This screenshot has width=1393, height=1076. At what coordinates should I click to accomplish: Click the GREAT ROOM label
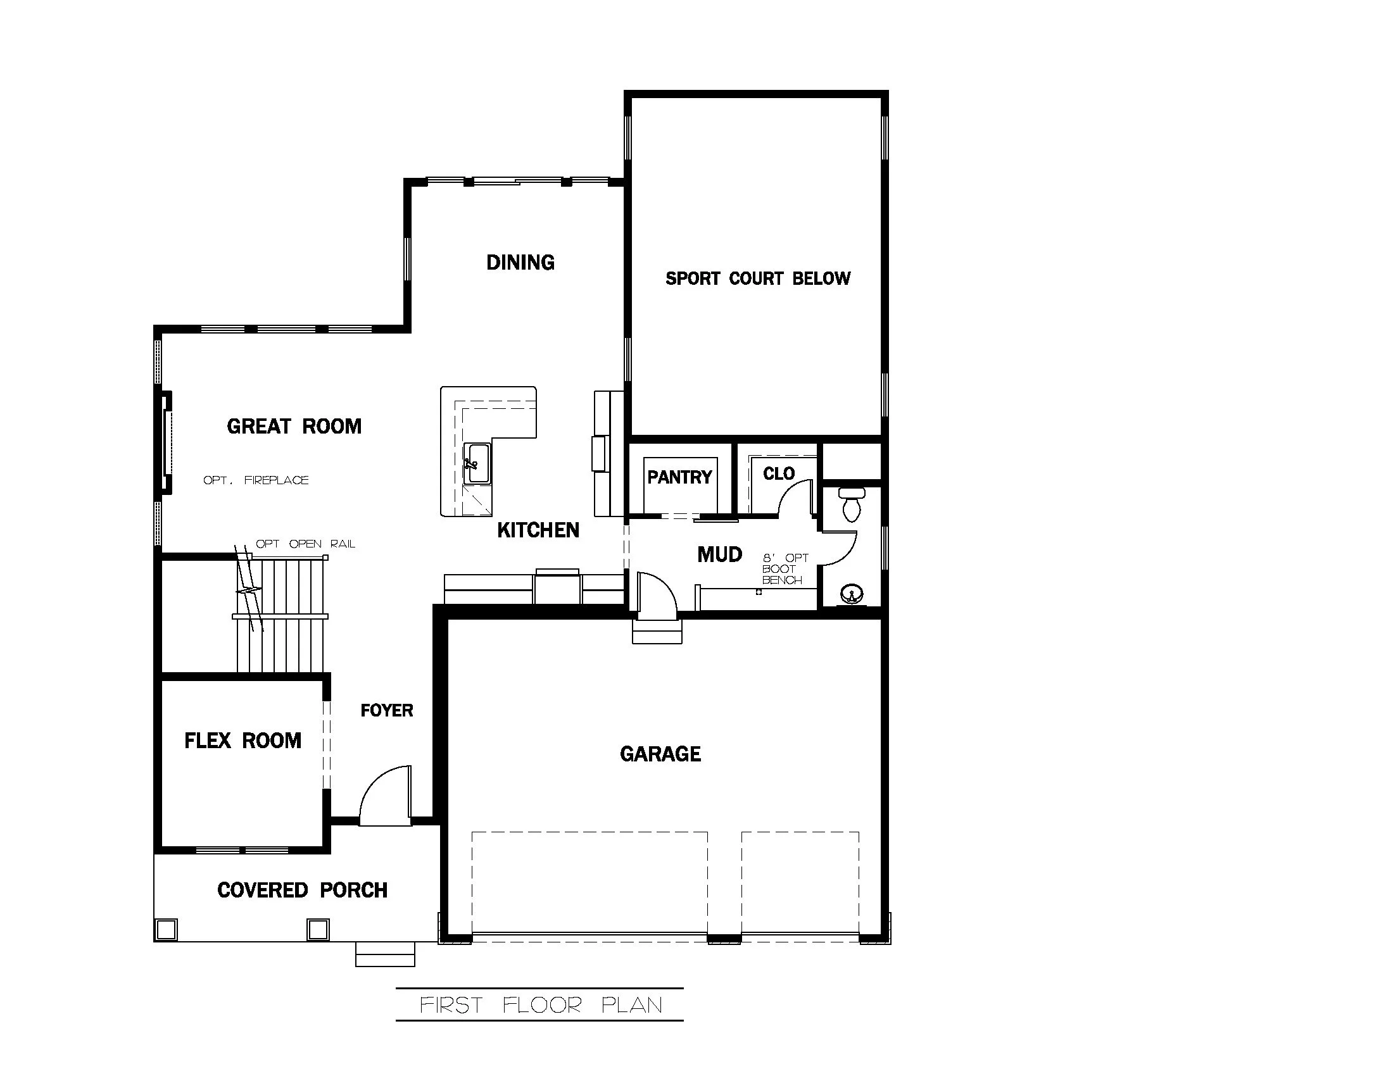coord(294,426)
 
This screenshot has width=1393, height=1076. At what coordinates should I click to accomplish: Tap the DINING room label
coord(520,262)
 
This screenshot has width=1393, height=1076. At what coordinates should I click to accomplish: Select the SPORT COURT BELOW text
coord(758,278)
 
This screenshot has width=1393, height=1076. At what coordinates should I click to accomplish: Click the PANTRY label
coord(679,477)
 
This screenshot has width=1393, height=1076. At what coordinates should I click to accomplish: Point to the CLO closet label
coord(779,473)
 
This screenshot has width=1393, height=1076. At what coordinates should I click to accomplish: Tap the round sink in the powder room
coord(851,595)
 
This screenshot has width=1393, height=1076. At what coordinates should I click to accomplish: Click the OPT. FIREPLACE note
coord(256,480)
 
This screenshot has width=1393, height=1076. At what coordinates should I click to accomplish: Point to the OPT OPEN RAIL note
coord(305,544)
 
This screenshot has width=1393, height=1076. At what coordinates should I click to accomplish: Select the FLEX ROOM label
coord(243,741)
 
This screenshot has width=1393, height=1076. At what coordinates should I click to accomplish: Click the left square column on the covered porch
coord(167,929)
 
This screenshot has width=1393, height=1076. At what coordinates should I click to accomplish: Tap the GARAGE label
coord(660,754)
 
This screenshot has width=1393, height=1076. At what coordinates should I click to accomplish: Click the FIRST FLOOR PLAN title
coord(540,1005)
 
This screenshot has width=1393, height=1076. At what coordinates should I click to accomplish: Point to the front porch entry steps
coord(385,954)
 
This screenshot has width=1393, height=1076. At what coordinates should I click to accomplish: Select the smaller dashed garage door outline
coord(800,883)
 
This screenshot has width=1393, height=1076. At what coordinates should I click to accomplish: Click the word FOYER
coord(386,710)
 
